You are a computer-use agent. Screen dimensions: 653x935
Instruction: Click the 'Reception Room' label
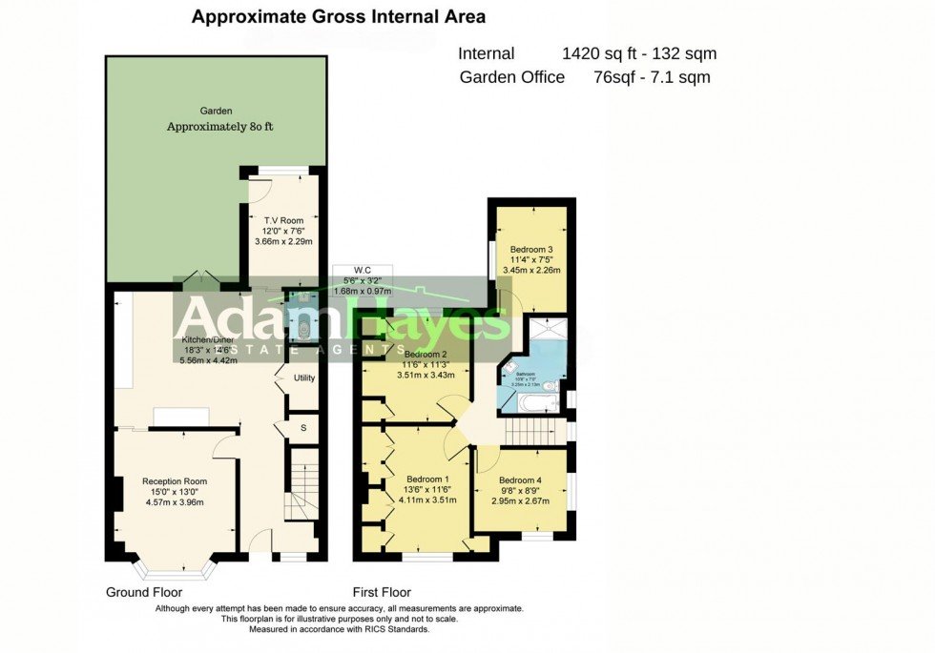[x=175, y=481]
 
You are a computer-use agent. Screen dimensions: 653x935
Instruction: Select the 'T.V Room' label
[x=283, y=220]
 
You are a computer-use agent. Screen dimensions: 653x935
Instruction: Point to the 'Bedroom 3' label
[x=530, y=250]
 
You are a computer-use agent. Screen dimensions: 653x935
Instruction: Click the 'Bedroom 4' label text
[x=524, y=480]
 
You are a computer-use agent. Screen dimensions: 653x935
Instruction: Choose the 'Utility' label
[x=304, y=378]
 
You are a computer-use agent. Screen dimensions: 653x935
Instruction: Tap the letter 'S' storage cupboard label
[x=303, y=428]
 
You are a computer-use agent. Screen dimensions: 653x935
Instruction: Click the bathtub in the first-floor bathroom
[x=530, y=404]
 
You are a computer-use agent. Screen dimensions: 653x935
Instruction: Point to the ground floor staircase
[x=302, y=486]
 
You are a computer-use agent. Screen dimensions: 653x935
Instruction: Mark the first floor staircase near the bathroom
[x=534, y=433]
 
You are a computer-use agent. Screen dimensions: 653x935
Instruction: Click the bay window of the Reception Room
[x=175, y=570]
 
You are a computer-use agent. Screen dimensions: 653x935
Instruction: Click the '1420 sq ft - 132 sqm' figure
[x=639, y=54]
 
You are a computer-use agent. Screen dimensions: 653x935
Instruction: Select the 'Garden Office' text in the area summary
[x=512, y=78]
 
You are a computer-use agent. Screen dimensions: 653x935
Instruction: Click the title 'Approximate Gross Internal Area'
[x=339, y=16]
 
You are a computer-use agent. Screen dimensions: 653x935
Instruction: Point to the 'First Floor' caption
[x=382, y=592]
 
